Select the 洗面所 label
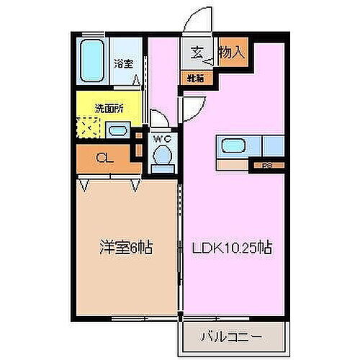tap(109, 109)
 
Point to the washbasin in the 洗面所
tap(117, 130)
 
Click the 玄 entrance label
tap(197, 52)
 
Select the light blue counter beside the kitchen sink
tap(274, 146)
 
